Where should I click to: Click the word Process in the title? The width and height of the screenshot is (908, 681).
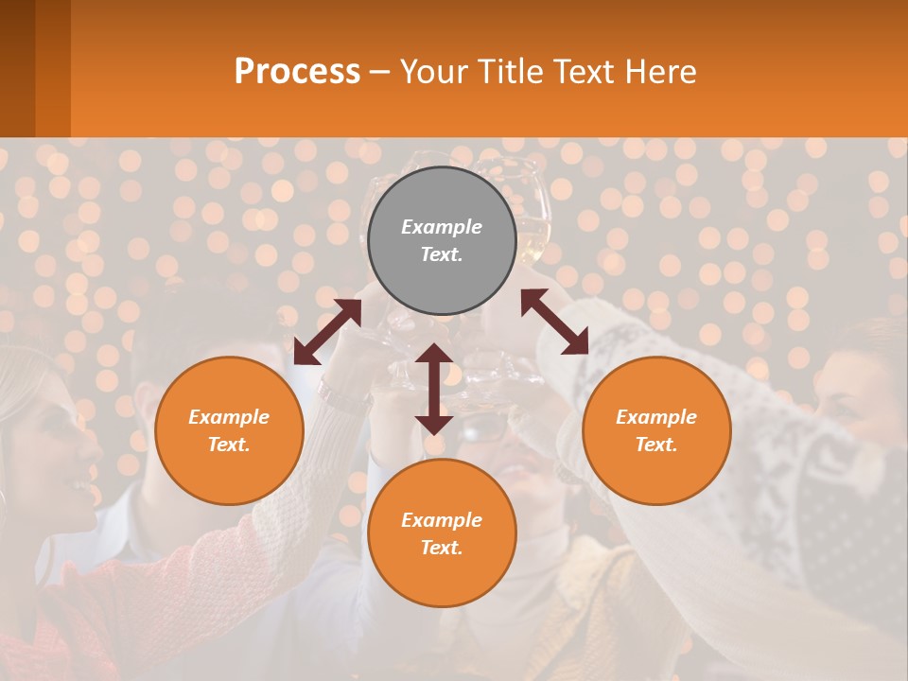pos(297,72)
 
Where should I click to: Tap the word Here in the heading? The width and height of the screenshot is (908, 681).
pos(658,72)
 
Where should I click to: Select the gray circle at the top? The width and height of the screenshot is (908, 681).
pos(442,240)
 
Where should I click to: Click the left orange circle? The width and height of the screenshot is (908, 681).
pos(229,430)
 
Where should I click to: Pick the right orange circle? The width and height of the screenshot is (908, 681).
pos(656,430)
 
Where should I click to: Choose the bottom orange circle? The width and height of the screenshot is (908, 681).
pos(442,533)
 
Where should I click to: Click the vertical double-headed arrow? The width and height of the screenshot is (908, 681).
pos(434,389)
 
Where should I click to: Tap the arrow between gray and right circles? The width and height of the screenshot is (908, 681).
pos(554,322)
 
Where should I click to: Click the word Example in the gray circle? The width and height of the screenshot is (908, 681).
pos(442,227)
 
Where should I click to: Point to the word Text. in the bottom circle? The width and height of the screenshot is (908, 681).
pos(442,548)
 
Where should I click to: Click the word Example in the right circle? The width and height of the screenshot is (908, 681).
pos(656,417)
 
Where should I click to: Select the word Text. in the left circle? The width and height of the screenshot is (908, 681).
pos(229,445)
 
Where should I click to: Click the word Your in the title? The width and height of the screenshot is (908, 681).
pos(431,72)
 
